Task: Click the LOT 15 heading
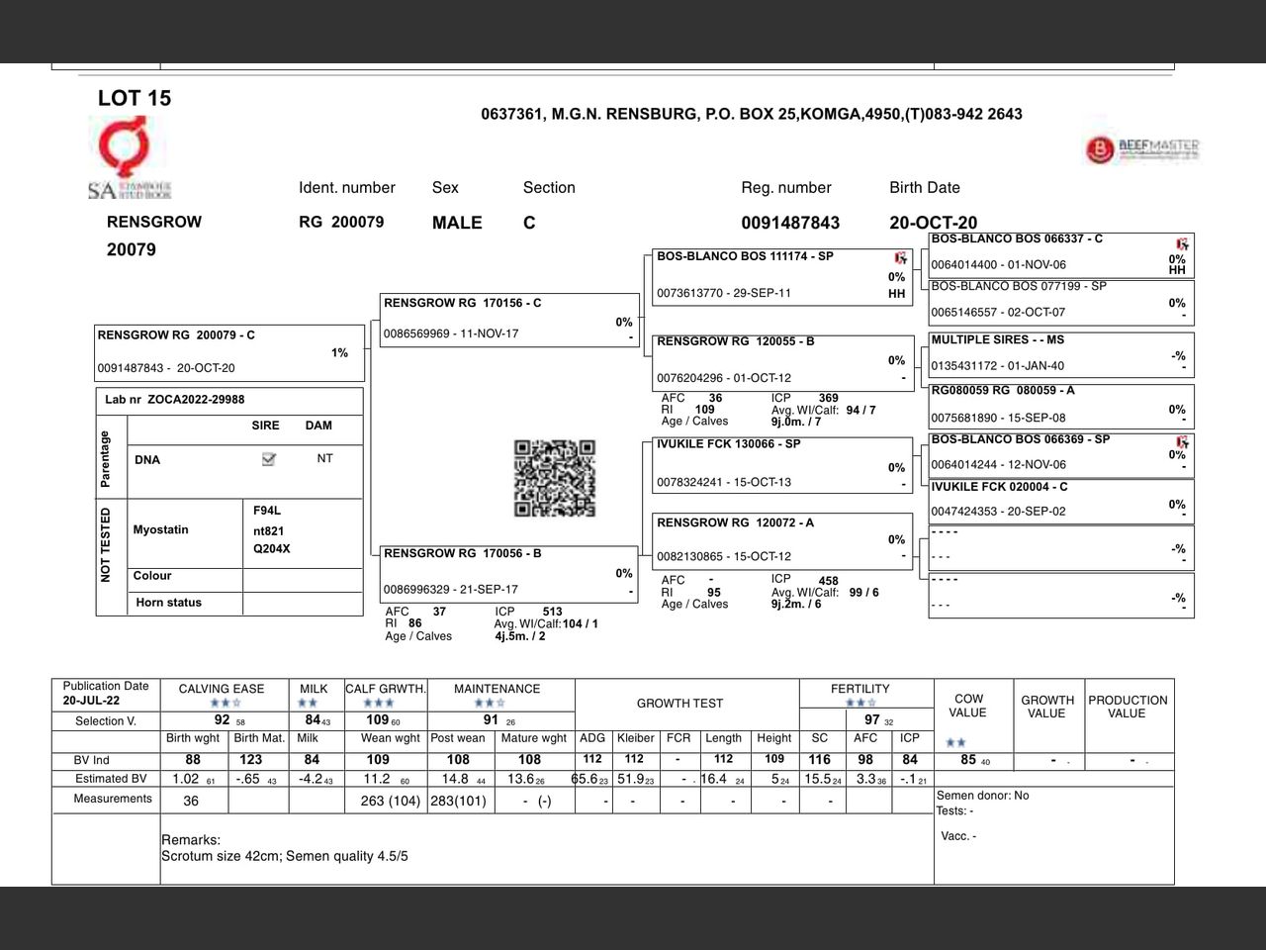point(135,98)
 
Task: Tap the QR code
point(555,479)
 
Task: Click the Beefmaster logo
point(1142,149)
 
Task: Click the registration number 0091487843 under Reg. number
point(790,223)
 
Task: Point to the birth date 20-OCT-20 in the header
point(933,223)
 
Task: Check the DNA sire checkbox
point(268,459)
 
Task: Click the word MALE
point(457,223)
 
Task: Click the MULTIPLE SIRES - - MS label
point(998,339)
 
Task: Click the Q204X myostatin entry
point(272,549)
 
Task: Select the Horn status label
point(168,603)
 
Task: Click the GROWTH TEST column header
point(679,704)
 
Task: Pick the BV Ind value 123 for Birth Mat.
point(251,760)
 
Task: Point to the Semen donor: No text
point(982,796)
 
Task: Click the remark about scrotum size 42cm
point(285,856)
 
